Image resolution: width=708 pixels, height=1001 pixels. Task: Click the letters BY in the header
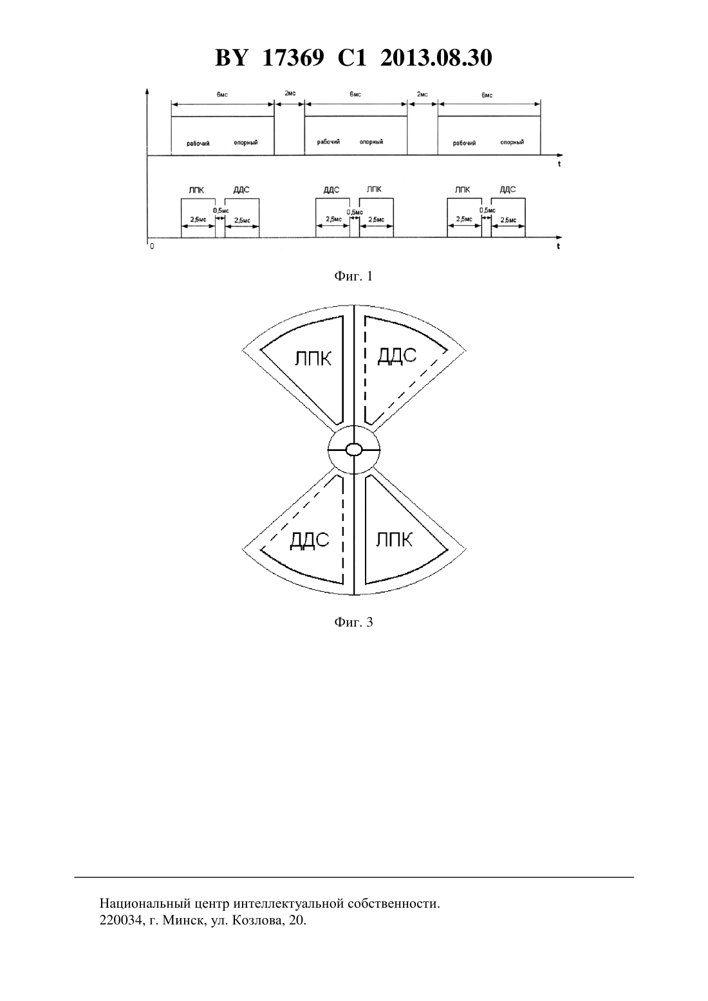(x=231, y=58)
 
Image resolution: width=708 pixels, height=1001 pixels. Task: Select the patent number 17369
(x=293, y=58)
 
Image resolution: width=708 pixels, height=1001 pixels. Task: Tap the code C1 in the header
(x=352, y=58)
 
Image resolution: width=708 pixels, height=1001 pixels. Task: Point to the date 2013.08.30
(x=436, y=58)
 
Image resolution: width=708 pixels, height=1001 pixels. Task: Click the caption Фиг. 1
(x=353, y=276)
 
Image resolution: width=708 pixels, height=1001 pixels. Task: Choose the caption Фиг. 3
(x=353, y=622)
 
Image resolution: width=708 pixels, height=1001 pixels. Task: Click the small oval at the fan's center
(x=354, y=449)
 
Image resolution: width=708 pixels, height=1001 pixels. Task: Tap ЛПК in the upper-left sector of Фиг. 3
(x=313, y=359)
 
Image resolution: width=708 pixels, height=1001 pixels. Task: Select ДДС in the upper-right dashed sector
(x=397, y=356)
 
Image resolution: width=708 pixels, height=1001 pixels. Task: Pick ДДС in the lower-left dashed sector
(x=310, y=541)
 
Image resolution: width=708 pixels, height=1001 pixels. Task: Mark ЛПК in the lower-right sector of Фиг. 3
(x=394, y=540)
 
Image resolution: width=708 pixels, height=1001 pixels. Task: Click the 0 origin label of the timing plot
(x=152, y=246)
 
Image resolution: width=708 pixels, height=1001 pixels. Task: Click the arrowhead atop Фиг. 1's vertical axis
(x=147, y=91)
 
